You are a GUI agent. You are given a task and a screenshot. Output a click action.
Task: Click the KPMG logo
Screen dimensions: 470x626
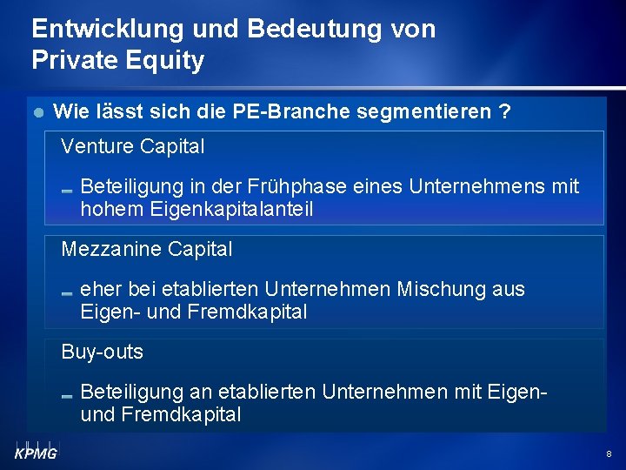[x=36, y=450]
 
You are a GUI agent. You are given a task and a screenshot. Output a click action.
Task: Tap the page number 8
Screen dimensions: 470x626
[x=609, y=453]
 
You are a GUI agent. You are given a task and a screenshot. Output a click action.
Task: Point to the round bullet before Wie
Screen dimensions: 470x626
[x=36, y=113]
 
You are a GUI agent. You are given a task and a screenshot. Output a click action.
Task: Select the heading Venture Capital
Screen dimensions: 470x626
[x=133, y=147]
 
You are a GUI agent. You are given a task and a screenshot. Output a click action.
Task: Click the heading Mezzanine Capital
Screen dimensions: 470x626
[x=147, y=250]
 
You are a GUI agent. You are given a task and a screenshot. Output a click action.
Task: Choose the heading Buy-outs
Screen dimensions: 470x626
[x=103, y=352]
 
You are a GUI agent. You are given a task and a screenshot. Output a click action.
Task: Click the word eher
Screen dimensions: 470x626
[x=99, y=289]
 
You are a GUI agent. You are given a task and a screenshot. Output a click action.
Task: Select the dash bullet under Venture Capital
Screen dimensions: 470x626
[x=67, y=190]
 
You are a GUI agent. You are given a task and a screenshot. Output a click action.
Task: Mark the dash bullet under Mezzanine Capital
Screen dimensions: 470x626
[x=67, y=292]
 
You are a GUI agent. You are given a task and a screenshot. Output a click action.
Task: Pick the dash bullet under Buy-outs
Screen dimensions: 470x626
[x=67, y=395]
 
